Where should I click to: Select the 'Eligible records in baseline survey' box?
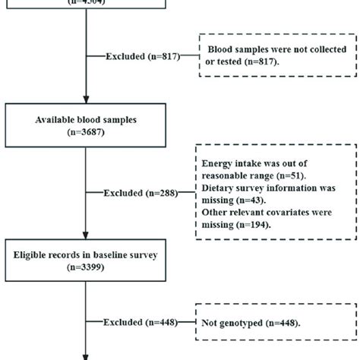tap(86, 261)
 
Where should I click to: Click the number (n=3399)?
tap(86, 267)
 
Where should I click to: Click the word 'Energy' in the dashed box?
tap(217, 162)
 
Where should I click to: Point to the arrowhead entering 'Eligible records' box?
tap(86, 235)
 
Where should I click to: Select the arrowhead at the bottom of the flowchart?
tap(86, 355)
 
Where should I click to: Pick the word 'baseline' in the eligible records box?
tap(115, 254)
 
